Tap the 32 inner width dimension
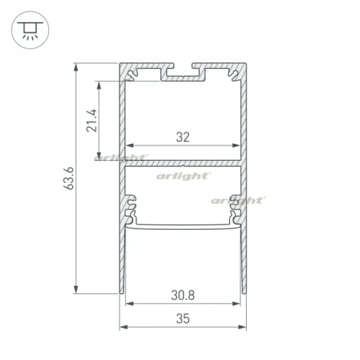tap(182, 138)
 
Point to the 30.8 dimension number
tap(182, 294)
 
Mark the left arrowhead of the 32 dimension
tap(129, 145)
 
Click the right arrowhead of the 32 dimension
tap(236, 145)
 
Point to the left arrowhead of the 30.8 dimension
tap(129, 303)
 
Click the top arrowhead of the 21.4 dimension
tap(100, 83)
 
